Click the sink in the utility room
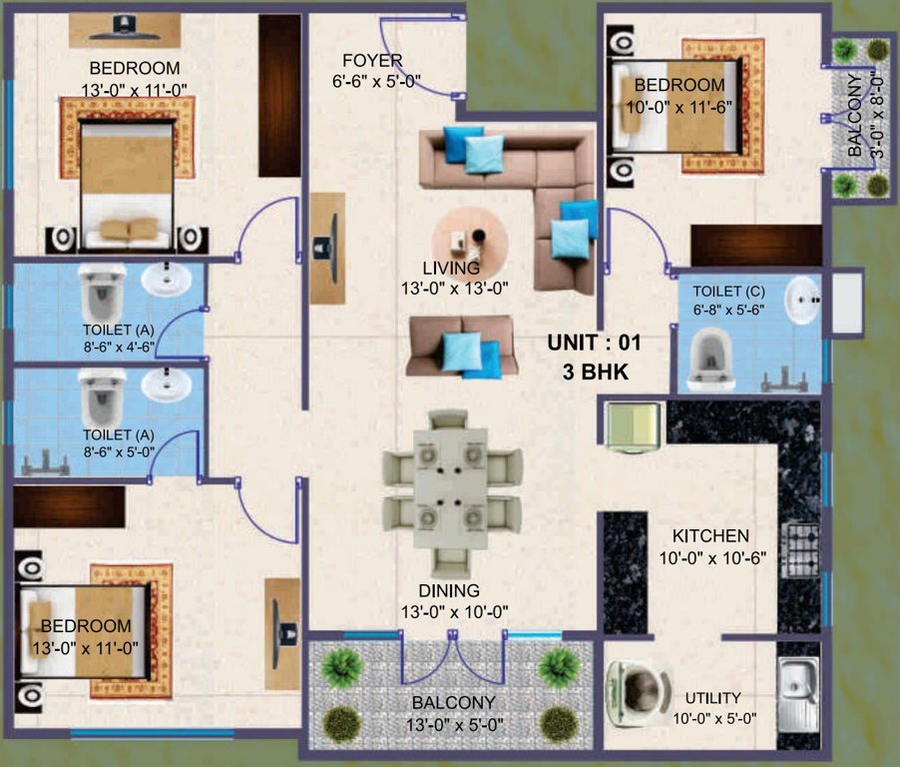799,685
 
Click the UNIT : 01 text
594,343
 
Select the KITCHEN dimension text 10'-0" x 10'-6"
710,558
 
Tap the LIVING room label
451,269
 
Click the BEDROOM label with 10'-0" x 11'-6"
678,85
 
